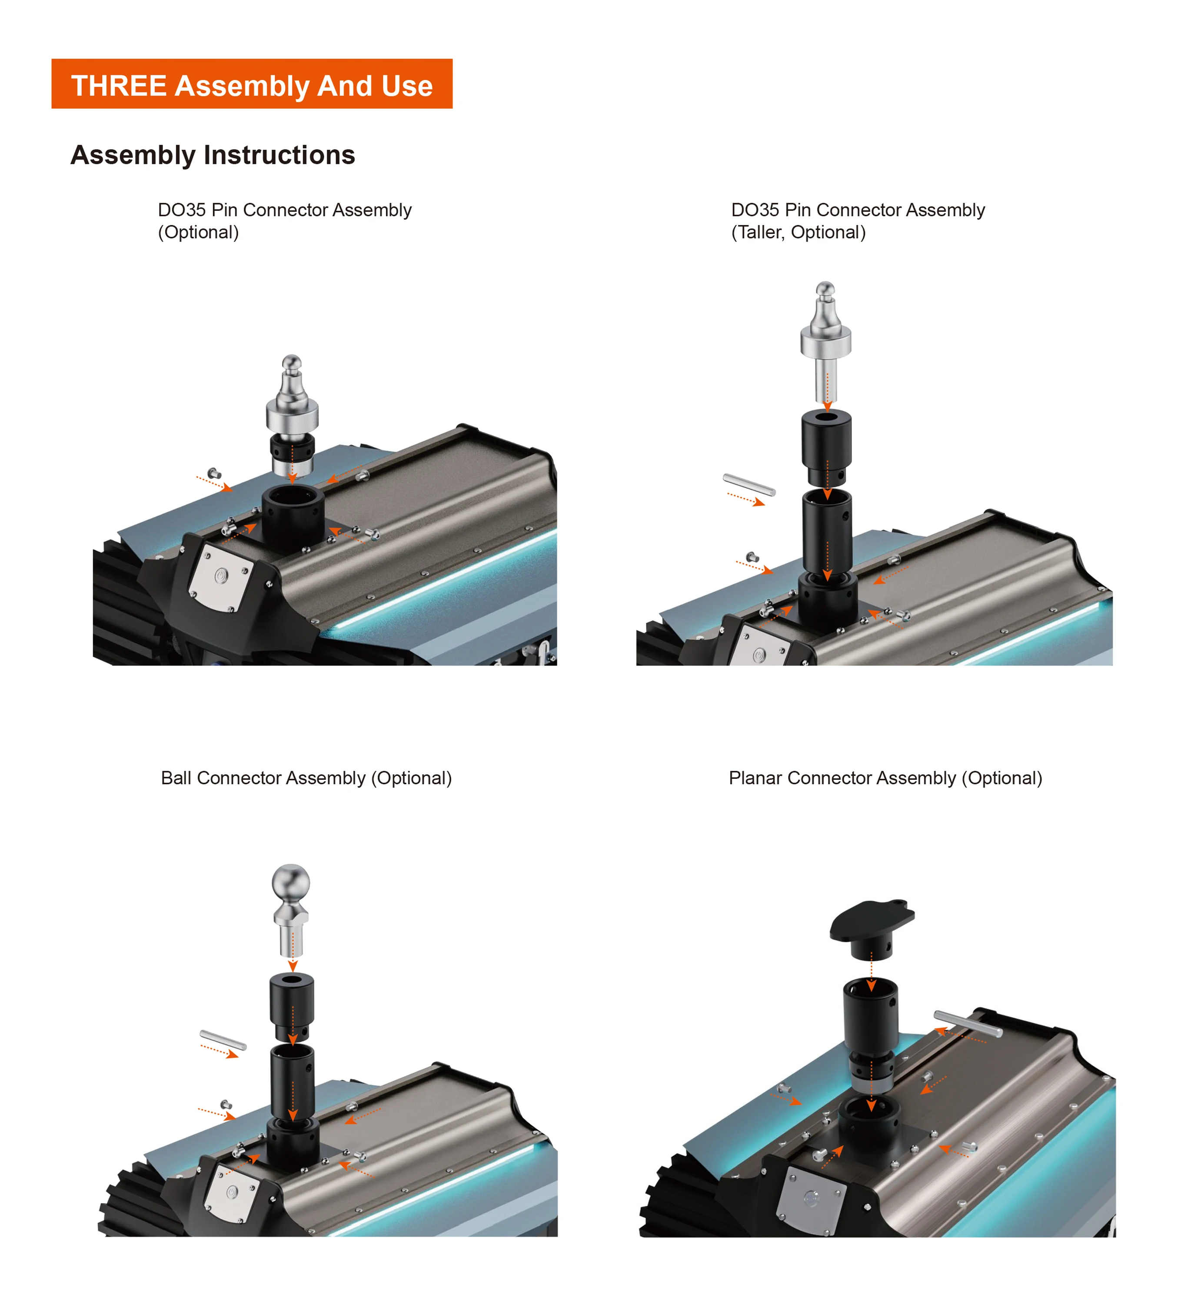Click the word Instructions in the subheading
[279, 155]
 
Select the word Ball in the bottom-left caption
[176, 778]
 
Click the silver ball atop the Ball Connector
[291, 882]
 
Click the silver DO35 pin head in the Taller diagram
[825, 323]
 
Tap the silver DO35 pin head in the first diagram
[292, 398]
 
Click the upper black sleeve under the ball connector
[292, 1005]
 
